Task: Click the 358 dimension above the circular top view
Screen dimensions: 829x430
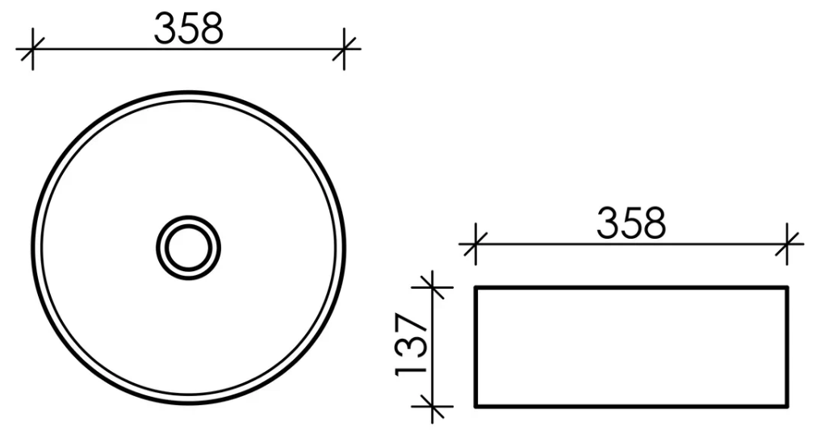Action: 189,28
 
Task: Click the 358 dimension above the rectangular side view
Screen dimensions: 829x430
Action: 631,223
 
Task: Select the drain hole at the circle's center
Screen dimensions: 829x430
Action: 188,247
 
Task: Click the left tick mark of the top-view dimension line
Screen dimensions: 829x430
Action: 33,49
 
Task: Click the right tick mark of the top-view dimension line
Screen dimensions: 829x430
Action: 344,49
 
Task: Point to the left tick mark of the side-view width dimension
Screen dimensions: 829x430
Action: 475,244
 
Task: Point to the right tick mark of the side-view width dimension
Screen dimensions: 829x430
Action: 787,244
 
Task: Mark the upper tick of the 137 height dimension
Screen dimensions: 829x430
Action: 433,288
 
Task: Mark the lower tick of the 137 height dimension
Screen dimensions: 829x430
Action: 433,407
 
